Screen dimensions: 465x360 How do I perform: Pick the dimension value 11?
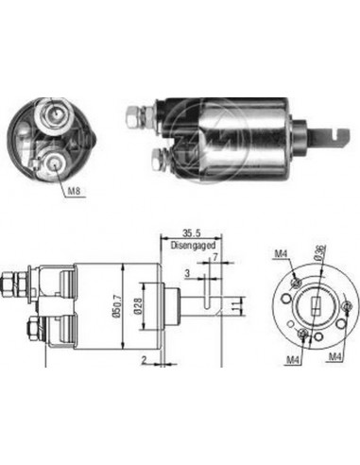(238, 304)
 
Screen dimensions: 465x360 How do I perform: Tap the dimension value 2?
(143, 360)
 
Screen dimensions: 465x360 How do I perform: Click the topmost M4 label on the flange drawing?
(280, 252)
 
